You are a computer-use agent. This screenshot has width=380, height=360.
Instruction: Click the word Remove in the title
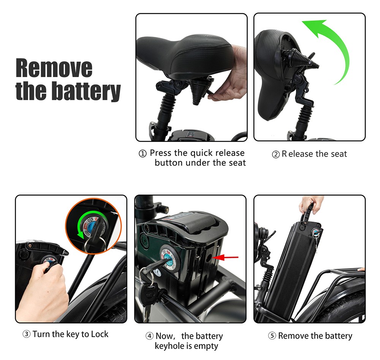coord(54,68)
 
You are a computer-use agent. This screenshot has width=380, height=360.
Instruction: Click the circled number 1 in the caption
coord(143,154)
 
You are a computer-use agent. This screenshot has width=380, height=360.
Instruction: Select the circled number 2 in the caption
coord(276,154)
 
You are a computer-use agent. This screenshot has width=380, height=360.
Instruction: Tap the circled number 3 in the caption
coord(27,334)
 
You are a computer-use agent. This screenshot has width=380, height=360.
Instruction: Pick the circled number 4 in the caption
coord(149,336)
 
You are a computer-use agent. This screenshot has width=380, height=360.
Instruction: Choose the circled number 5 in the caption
coord(272,336)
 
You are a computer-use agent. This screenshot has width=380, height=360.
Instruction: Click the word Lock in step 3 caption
coord(100,334)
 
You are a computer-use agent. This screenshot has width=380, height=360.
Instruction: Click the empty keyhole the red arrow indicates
coord(208,259)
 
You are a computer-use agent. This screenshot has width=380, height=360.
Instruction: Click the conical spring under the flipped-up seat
coord(301,58)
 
